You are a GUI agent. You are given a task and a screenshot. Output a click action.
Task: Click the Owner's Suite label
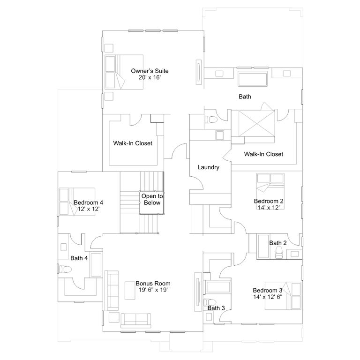(150, 71)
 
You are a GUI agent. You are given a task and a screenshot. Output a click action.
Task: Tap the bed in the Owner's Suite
(124, 72)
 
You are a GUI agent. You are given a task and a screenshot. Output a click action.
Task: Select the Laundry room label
(208, 167)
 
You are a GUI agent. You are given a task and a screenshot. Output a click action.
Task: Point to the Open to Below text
(152, 199)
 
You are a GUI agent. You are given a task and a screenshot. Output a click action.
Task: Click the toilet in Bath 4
(65, 269)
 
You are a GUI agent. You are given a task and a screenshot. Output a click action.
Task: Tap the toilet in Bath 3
(210, 303)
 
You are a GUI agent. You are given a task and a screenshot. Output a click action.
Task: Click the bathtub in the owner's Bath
(253, 79)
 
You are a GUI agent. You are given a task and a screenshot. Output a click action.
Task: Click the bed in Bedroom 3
(283, 296)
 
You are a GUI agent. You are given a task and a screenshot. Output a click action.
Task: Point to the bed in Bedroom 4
(77, 202)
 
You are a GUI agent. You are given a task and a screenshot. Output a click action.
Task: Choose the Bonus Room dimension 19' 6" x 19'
(153, 290)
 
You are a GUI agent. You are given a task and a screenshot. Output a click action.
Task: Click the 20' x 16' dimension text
(150, 77)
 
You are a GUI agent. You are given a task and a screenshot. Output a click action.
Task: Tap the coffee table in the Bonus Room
(130, 291)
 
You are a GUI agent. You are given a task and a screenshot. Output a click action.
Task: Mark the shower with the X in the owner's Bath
(257, 124)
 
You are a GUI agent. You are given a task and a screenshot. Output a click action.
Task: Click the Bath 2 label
(278, 243)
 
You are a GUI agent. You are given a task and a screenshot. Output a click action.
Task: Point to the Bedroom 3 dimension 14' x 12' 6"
(268, 297)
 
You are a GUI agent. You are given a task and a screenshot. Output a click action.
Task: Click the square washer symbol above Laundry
(220, 135)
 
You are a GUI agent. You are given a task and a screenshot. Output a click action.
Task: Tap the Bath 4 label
(79, 258)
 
